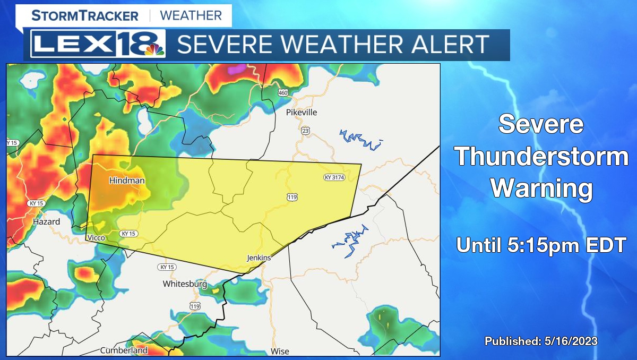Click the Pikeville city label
(301, 112)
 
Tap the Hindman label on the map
(126, 181)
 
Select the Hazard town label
(46, 221)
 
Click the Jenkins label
(259, 258)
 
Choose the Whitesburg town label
(184, 284)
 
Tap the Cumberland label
(124, 350)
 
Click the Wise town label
(280, 351)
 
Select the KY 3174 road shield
(334, 177)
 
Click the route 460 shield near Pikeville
(283, 93)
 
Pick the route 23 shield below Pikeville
(305, 130)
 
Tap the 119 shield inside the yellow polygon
(292, 198)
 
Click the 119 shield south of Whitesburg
(195, 306)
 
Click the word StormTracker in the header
(85, 15)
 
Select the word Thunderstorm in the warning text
(541, 157)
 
